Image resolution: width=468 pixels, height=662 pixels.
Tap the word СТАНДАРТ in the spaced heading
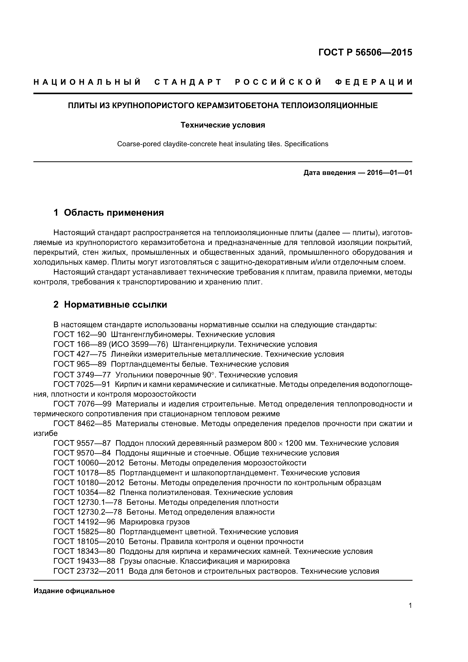[188, 82]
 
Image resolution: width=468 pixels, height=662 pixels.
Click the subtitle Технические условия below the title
[223, 125]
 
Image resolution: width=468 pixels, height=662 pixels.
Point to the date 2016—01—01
[389, 173]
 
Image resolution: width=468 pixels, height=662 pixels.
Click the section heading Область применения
[114, 213]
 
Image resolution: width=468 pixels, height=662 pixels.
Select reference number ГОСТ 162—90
[80, 335]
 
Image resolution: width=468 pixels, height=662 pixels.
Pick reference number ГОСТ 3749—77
[82, 375]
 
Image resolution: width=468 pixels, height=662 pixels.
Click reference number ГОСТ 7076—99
[82, 404]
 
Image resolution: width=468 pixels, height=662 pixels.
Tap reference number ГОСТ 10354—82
[84, 493]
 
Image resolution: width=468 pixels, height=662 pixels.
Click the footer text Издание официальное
[74, 591]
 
